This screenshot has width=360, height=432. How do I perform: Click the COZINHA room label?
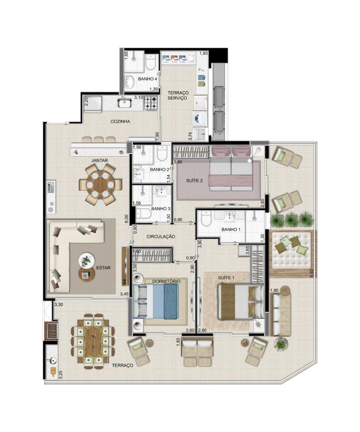point(120,121)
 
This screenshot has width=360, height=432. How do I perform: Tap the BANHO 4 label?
point(148,79)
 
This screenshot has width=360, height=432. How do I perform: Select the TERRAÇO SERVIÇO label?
point(178,96)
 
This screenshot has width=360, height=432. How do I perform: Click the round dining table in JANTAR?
point(100,185)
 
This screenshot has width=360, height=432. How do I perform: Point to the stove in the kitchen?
point(151,103)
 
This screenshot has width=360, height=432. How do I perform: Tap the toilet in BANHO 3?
point(143,213)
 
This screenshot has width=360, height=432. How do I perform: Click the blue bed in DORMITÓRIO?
point(156,302)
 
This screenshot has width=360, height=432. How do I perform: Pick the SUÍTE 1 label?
point(226,278)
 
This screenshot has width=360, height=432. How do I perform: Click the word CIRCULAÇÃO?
point(161,237)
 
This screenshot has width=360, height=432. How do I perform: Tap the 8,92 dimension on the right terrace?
point(311,273)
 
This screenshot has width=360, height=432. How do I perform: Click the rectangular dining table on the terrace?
point(93,341)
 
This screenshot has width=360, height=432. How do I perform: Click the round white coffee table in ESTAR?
point(87,260)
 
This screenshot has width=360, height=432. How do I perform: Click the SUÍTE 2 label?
point(195,181)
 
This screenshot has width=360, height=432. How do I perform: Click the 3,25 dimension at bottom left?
point(61,375)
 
